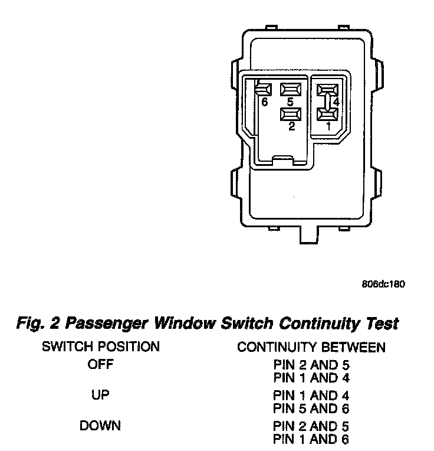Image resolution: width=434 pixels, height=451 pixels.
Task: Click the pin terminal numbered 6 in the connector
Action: point(264,89)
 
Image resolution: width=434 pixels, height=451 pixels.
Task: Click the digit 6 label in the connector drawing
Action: point(264,102)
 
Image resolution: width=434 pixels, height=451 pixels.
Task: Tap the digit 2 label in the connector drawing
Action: point(291,126)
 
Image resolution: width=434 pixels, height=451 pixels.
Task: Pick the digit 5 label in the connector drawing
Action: point(291,102)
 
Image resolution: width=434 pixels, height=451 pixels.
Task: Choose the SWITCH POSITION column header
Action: point(100,347)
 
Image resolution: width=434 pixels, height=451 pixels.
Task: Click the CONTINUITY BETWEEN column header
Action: point(311,347)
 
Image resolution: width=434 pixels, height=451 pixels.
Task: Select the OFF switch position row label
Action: point(100,364)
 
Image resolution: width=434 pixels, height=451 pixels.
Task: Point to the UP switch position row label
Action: point(100,394)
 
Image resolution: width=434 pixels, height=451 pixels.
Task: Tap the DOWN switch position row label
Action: point(100,425)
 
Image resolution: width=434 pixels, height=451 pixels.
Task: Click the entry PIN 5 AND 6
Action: point(311,408)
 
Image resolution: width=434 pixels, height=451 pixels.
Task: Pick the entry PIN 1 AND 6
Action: point(311,439)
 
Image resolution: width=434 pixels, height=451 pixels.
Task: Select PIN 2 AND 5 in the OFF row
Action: point(311,365)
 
